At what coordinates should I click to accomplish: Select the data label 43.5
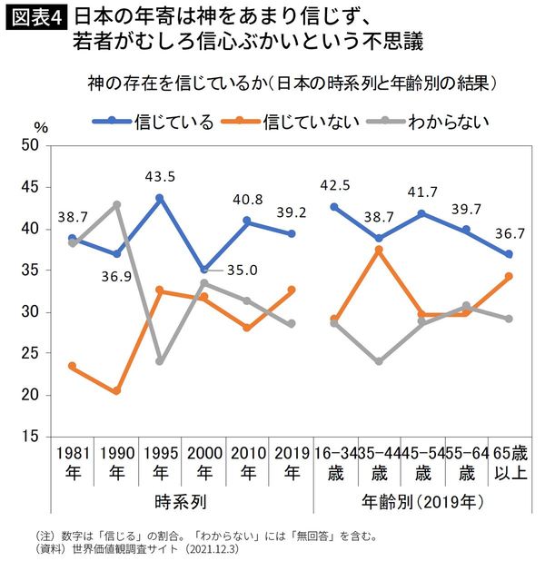(x=158, y=176)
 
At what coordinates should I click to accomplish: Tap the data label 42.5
(x=335, y=186)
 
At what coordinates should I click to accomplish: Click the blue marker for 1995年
(x=159, y=198)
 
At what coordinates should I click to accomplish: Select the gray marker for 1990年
(x=116, y=204)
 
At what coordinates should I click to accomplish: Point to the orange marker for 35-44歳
(x=379, y=250)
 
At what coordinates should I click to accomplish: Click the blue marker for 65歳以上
(x=509, y=254)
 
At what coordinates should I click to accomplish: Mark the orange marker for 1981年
(x=72, y=366)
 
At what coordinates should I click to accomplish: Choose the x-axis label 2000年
(x=203, y=462)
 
